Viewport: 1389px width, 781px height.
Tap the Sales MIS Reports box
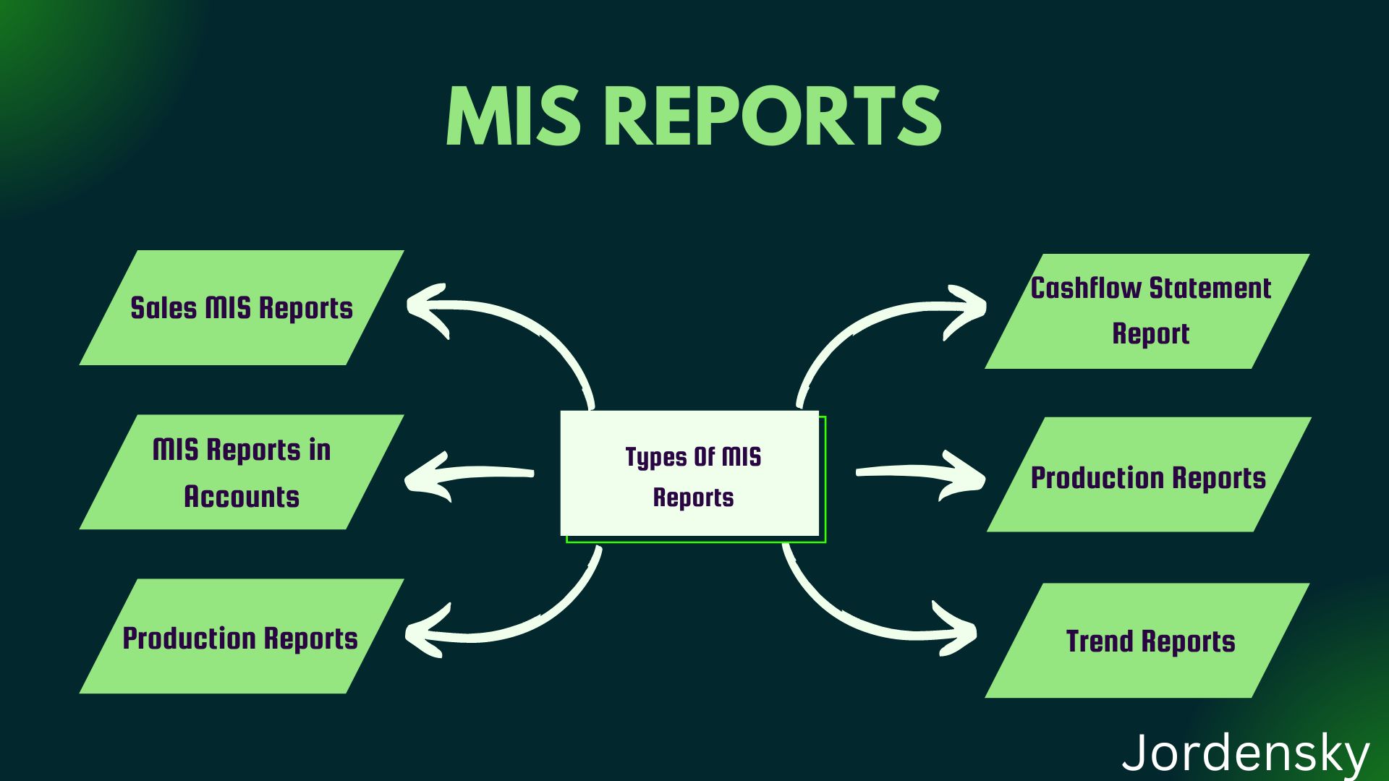click(241, 308)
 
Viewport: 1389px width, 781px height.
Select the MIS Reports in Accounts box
click(241, 472)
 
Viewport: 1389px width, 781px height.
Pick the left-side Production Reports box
click(241, 637)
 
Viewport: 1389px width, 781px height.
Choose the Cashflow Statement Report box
click(1147, 311)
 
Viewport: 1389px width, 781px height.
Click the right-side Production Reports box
click(1148, 475)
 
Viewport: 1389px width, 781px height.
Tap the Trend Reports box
click(1147, 641)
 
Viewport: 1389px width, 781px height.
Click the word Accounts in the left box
click(241, 497)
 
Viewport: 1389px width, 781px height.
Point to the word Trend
click(1100, 641)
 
